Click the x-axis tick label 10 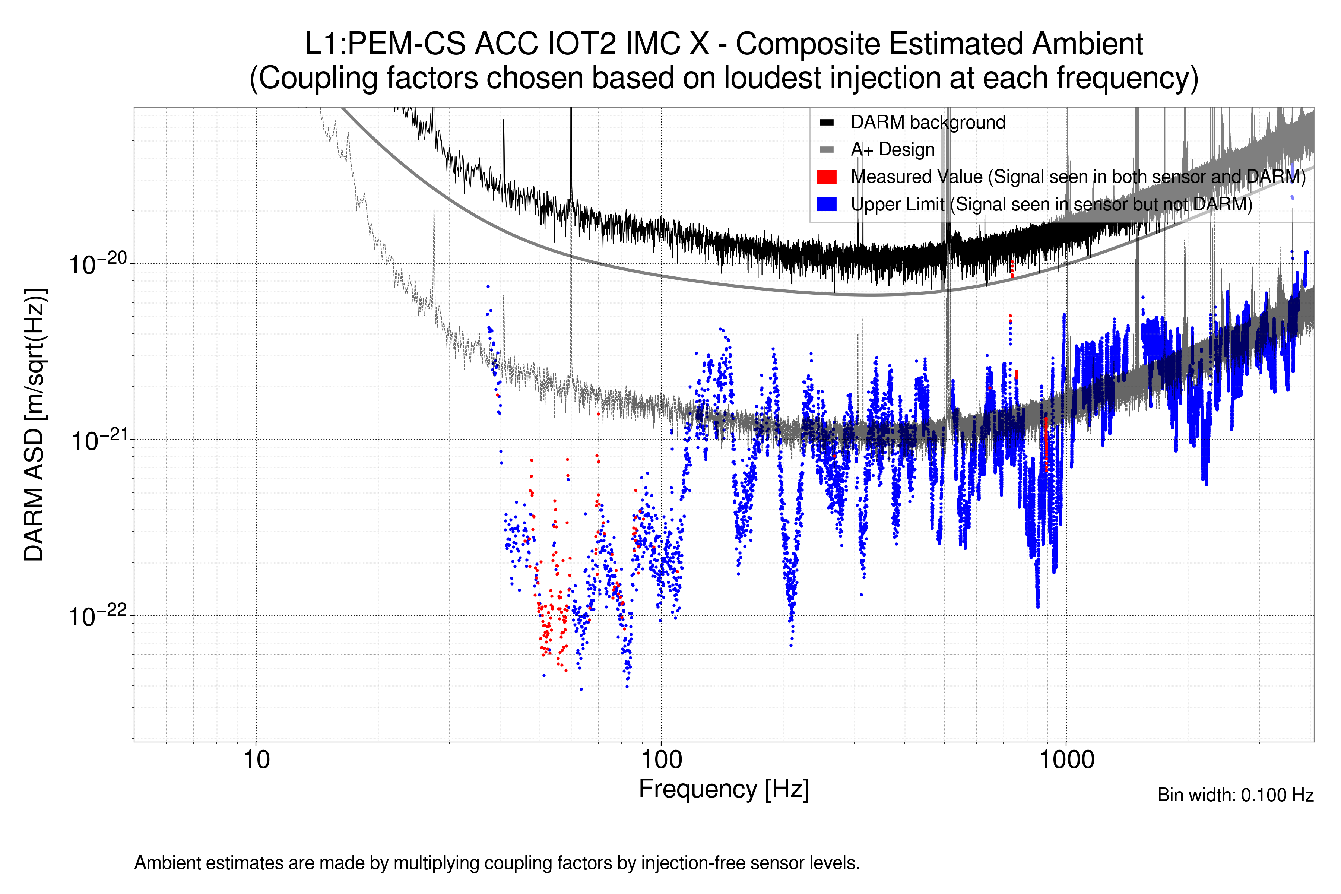[x=256, y=760]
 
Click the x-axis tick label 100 [x=662, y=760]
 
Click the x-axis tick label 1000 [x=1066, y=760]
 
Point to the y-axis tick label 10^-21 [x=98, y=441]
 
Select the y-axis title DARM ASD [x=34, y=425]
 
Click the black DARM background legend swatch [x=826, y=123]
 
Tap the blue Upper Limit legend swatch [x=826, y=204]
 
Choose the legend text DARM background [x=928, y=123]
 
